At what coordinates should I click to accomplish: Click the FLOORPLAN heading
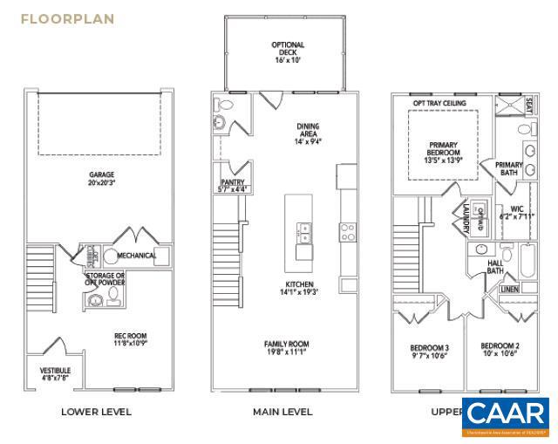coord(68,18)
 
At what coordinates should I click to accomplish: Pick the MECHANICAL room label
coord(137,256)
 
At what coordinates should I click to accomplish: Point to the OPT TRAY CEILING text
coord(439,103)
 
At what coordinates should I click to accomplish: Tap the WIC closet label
coord(516,212)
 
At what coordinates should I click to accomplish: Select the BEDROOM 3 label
coord(429,352)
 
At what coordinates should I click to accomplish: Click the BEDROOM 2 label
coord(500,351)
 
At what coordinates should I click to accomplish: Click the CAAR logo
coord(506,418)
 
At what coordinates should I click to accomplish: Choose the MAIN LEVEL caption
coord(282,412)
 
